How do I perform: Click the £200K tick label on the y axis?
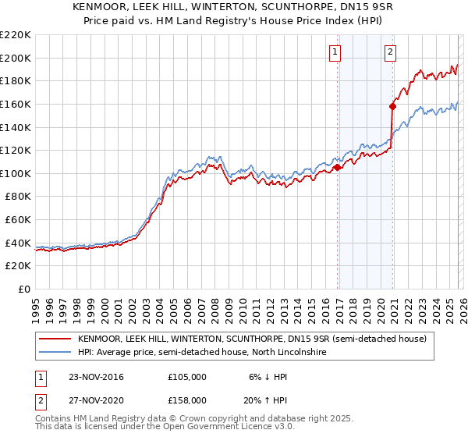point(16,58)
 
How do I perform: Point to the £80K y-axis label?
point(18,197)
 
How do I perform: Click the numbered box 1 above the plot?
point(335,52)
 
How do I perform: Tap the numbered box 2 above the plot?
point(390,52)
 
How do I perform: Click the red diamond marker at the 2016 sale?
point(337,167)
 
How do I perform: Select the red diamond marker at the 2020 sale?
point(392,106)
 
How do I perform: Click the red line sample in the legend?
point(55,339)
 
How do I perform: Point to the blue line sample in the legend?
point(55,353)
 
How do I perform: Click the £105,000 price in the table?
point(187,377)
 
